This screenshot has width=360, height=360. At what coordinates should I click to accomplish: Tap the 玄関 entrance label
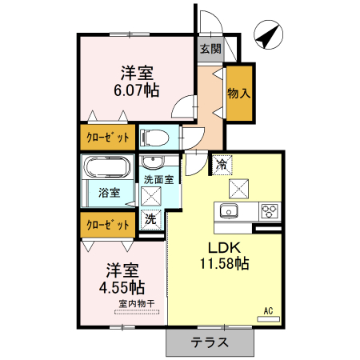coord(210,49)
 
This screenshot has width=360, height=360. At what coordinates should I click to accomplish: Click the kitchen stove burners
coord(270,211)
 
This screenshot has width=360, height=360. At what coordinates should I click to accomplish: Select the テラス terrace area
coord(210,342)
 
